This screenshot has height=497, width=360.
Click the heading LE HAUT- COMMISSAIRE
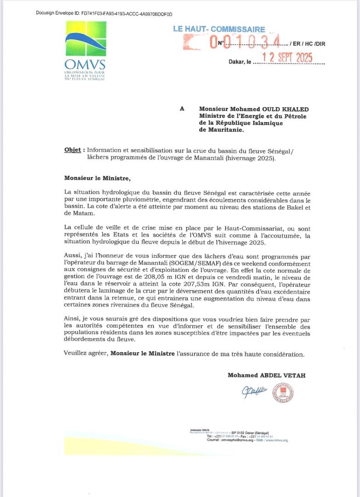[x=219, y=29]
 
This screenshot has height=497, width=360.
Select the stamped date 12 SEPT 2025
[x=287, y=58]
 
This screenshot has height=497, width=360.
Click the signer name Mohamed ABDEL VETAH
[x=266, y=375]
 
